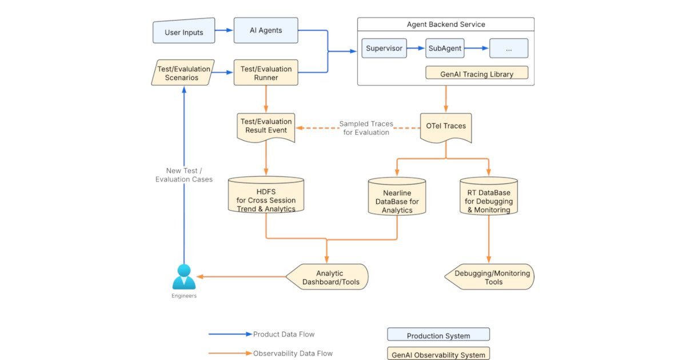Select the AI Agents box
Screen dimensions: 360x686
[266, 30]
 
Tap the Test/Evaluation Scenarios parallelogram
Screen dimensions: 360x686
[183, 73]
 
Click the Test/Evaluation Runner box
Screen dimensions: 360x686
[266, 73]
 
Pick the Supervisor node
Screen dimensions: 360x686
[384, 49]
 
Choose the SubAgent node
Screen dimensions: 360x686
[445, 49]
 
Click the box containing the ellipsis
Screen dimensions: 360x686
[509, 49]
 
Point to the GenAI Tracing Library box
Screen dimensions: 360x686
[477, 73]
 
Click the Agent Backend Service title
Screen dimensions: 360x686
[445, 25]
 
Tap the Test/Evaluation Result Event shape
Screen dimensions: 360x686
[266, 127]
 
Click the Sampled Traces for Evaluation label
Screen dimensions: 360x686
[366, 128]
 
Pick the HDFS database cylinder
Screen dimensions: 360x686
[266, 195]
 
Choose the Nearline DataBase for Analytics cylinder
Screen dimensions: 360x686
[397, 197]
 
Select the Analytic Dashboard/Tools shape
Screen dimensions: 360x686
[328, 277]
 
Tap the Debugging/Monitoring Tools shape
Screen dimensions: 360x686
[490, 277]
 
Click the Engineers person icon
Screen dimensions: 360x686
[184, 277]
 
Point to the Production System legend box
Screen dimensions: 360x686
[438, 335]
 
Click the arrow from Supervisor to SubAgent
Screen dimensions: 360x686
[416, 49]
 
